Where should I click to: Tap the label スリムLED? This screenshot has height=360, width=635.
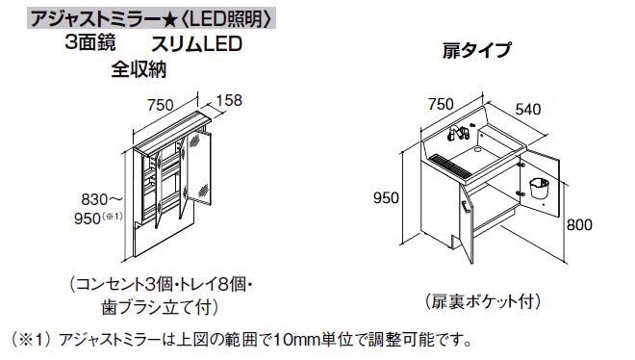[x=193, y=44]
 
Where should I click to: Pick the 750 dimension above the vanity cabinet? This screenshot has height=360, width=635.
[x=442, y=103]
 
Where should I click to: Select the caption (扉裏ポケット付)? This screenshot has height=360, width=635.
[x=474, y=299]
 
